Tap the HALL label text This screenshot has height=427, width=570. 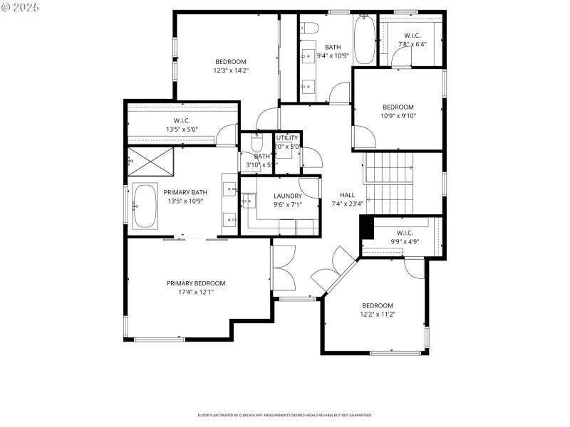point(347,195)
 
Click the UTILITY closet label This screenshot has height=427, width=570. point(287,138)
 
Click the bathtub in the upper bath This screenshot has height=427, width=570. point(363,39)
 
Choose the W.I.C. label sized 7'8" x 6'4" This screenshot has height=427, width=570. point(413,35)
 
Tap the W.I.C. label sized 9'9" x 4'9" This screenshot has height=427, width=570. point(403,233)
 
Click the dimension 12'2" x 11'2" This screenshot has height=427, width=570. point(377,314)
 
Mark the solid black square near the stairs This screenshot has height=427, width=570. point(367,227)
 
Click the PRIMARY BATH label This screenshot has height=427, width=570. point(185,192)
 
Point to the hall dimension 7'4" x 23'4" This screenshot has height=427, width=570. point(347,204)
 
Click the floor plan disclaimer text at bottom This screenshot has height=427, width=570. point(284,415)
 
